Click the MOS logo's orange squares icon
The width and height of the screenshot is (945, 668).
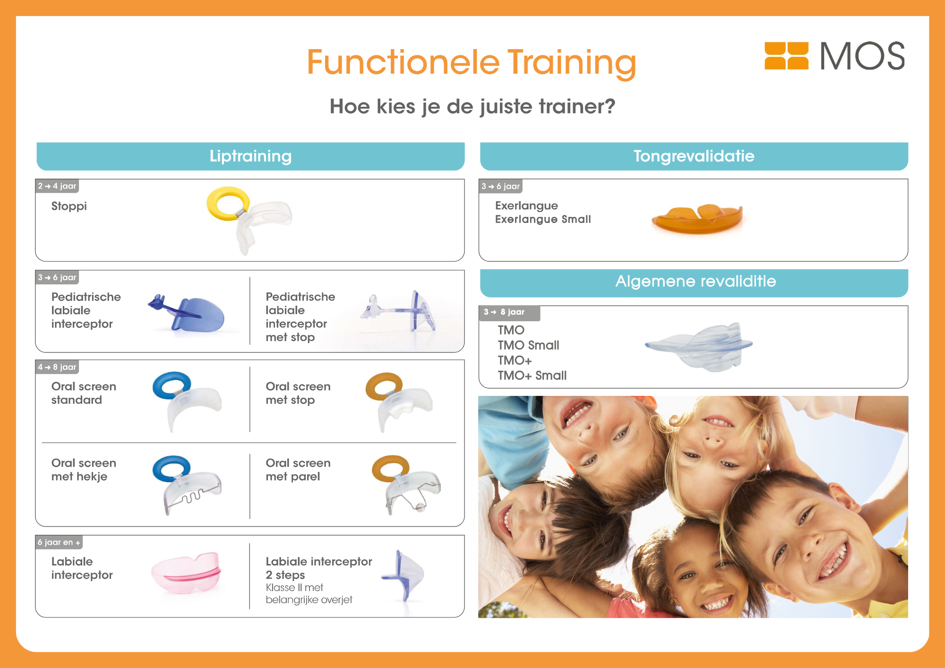(x=786, y=56)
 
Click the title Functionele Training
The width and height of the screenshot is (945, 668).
(x=472, y=63)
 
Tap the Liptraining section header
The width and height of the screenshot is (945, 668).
(x=250, y=156)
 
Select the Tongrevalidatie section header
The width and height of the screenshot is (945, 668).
(x=694, y=156)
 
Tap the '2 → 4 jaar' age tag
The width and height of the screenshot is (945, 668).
(x=57, y=186)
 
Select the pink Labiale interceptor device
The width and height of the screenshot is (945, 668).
(x=186, y=573)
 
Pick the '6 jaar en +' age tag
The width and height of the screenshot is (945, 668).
(x=59, y=542)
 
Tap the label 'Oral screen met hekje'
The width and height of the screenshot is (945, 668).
(x=84, y=470)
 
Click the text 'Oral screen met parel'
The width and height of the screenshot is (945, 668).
(x=298, y=470)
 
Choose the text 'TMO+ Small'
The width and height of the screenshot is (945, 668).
(x=532, y=376)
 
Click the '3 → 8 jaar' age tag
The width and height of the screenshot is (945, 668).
(x=509, y=312)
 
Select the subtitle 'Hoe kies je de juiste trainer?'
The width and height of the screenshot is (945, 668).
(x=472, y=107)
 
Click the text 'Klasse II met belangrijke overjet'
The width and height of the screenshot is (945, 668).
(x=309, y=594)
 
